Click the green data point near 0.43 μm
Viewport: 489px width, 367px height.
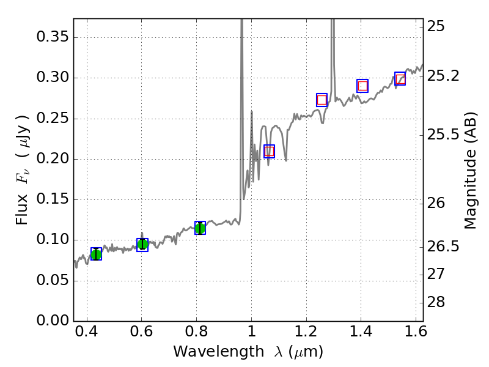point(96,254)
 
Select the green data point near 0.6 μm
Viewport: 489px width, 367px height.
point(142,245)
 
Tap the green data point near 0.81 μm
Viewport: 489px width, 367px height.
point(200,228)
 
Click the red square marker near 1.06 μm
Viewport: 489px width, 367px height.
point(269,152)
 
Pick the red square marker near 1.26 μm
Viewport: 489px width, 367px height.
point(322,100)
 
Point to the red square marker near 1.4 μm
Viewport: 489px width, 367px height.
point(362,86)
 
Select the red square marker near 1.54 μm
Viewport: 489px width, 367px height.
point(400,79)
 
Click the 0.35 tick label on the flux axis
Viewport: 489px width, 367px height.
point(52,37)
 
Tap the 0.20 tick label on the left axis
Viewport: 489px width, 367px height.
point(52,159)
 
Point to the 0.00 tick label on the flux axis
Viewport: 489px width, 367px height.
point(52,321)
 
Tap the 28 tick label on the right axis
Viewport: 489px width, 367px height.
point(436,303)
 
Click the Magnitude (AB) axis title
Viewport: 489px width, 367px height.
point(470,170)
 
